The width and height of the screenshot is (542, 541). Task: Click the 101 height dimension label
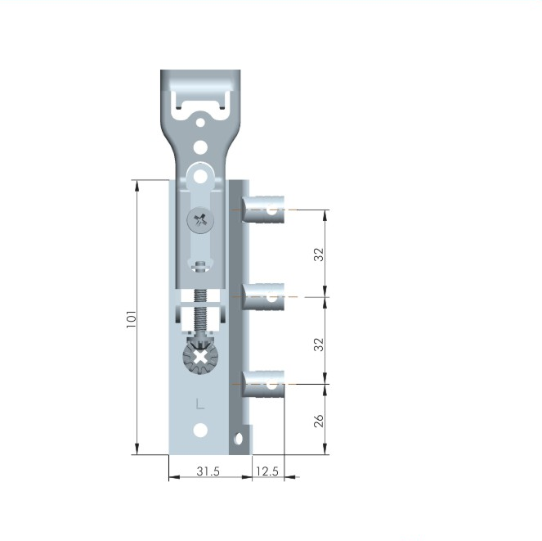[x=132, y=318]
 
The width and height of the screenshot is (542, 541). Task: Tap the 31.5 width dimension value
[x=208, y=471]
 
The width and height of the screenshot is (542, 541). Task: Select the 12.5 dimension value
[x=267, y=471]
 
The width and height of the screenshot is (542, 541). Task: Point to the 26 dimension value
[x=319, y=420]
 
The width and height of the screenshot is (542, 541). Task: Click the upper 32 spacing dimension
[x=319, y=255]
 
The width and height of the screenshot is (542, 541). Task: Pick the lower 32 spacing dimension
[x=319, y=345]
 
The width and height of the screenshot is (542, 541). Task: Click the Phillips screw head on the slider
[x=200, y=220]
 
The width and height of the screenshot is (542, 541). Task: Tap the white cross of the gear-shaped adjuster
[x=200, y=358]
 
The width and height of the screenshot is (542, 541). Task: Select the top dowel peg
[x=263, y=210]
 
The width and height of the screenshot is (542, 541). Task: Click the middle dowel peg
[x=263, y=297]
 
